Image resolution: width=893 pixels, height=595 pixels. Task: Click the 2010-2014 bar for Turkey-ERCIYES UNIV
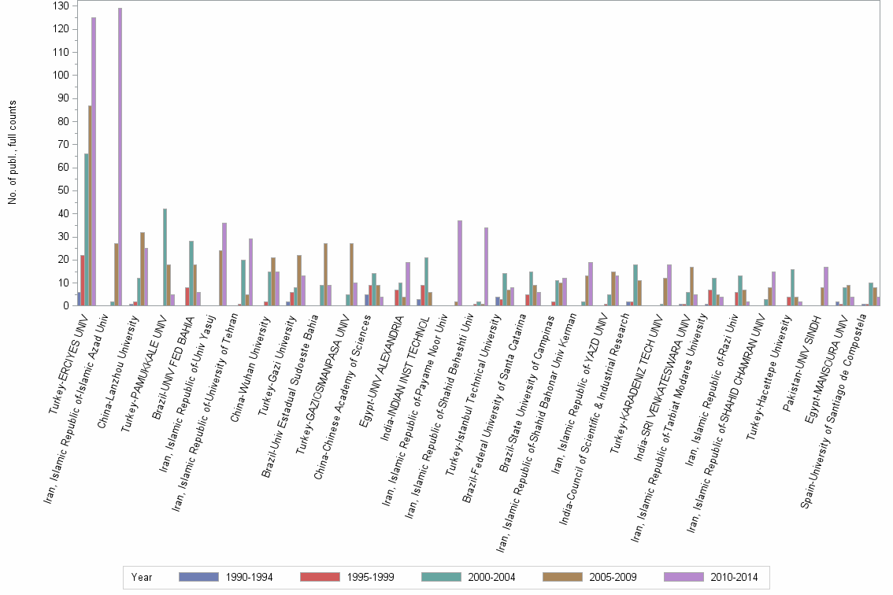[94, 161]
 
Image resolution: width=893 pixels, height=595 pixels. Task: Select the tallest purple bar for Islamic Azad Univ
[120, 157]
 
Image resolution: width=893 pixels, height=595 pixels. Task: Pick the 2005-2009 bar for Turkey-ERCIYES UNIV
[90, 205]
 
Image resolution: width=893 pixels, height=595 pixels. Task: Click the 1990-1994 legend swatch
[198, 577]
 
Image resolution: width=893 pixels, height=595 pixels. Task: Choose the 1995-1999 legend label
[368, 577]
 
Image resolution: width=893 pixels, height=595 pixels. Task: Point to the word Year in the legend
[142, 577]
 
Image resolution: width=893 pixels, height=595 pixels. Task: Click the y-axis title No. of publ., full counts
[13, 153]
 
